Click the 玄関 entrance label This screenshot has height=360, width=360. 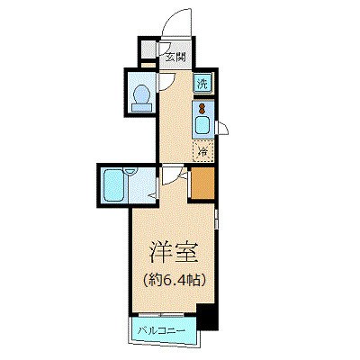(174, 56)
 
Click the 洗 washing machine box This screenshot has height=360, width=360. (203, 84)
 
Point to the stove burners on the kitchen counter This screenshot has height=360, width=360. (203, 108)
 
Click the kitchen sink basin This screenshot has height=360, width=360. (203, 126)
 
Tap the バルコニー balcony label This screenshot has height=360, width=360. (162, 329)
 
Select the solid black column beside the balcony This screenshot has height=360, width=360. (207, 317)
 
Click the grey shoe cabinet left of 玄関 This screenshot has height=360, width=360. (147, 50)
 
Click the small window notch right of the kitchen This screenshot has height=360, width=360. (223, 130)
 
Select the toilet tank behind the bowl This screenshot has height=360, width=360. (141, 109)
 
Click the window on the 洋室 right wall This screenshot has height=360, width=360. (217, 220)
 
